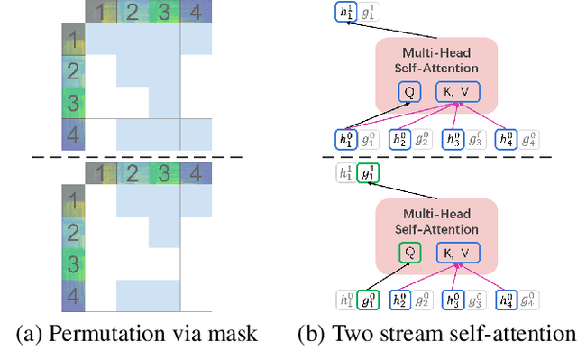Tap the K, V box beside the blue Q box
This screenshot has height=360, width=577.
click(x=458, y=92)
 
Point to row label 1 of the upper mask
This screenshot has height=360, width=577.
click(x=72, y=41)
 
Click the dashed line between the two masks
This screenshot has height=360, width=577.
click(x=135, y=156)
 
